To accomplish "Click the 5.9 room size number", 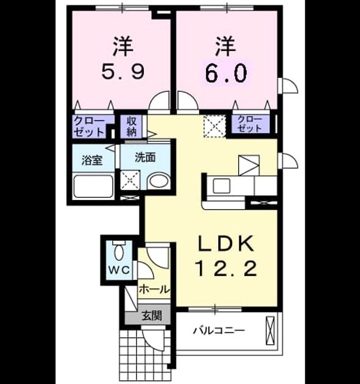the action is (x=123, y=71).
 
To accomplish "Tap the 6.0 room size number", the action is (x=226, y=73).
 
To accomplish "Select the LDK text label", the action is (x=226, y=243).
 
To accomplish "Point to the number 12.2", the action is (x=226, y=268).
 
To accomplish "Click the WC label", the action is (x=119, y=270).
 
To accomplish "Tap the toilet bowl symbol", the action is (x=119, y=252).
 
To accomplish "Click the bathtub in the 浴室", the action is (x=93, y=186).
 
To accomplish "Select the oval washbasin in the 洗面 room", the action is (x=159, y=181).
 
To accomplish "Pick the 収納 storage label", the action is (x=132, y=127).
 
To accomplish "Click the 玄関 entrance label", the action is (x=152, y=316).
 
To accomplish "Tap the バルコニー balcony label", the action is (x=219, y=331).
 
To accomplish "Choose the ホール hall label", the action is (x=154, y=290).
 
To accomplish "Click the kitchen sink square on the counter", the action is (x=222, y=186).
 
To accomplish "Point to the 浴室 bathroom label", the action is (x=92, y=160).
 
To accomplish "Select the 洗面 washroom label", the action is (x=146, y=157).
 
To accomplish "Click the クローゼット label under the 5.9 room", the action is (x=89, y=127).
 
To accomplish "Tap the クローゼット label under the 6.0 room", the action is (x=249, y=124).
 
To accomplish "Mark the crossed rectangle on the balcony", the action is (x=270, y=330).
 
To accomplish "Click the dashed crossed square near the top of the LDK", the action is (x=214, y=126).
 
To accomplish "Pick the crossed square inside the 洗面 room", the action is (x=130, y=180).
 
